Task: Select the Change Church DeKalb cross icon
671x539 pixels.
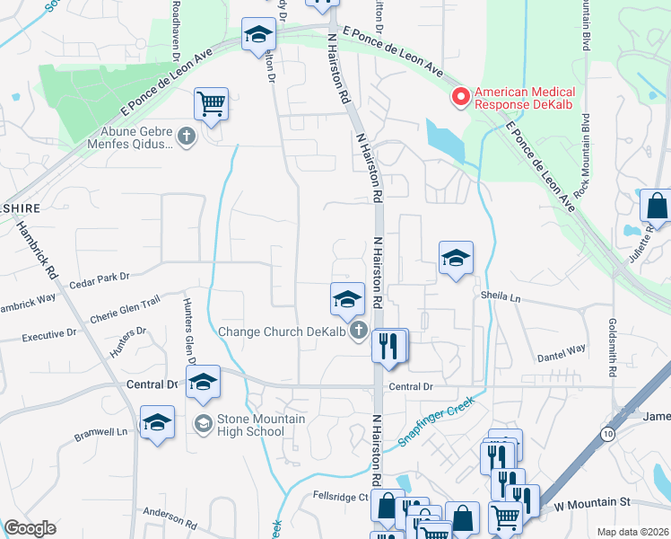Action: (360, 331)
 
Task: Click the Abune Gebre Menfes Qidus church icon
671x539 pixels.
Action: (187, 137)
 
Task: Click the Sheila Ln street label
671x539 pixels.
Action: (501, 296)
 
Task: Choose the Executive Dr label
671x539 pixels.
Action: (49, 335)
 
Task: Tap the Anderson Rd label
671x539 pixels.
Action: (170, 517)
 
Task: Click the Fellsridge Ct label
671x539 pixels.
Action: (340, 496)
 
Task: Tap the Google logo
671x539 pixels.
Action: (30, 528)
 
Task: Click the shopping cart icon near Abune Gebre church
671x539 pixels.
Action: (211, 103)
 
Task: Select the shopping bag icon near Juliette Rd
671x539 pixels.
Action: (657, 206)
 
